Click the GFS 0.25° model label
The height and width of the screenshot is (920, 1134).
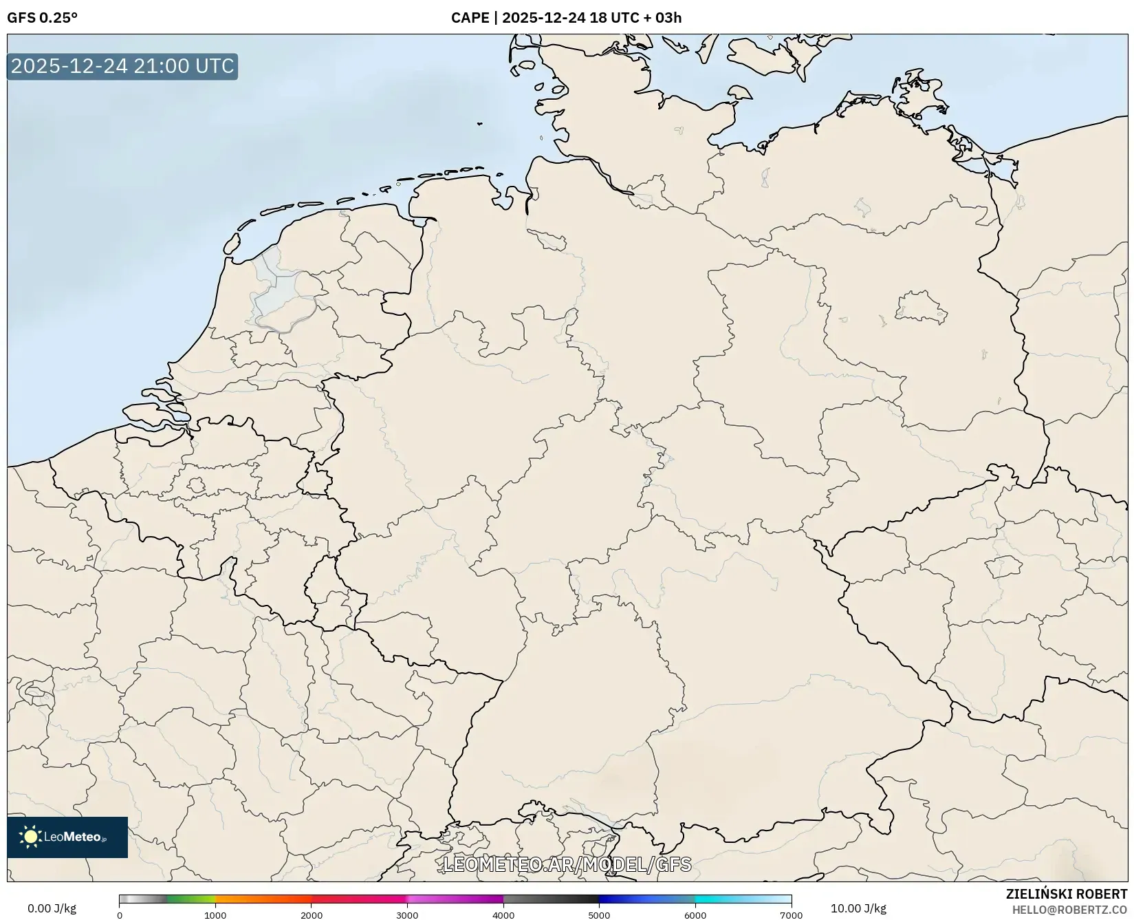(42, 18)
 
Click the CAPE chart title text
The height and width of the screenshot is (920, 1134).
(566, 18)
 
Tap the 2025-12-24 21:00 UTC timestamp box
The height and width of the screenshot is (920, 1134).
(122, 66)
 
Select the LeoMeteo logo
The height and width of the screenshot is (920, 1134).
(67, 837)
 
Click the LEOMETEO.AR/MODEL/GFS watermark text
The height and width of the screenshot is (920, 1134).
(567, 864)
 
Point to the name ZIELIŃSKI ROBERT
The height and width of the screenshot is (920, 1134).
(1067, 895)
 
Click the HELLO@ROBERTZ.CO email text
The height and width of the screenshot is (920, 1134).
(1069, 910)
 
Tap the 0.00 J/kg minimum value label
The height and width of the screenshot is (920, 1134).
(52, 908)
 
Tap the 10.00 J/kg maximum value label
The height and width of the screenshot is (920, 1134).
(858, 908)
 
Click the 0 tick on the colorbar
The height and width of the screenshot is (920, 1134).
(120, 915)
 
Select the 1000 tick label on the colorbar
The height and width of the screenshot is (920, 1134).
(215, 915)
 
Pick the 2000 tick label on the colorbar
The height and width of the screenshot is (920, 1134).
(312, 915)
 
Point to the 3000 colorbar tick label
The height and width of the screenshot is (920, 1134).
(407, 915)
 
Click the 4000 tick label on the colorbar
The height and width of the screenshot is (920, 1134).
(503, 915)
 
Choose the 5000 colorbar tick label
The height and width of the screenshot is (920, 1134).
(599, 915)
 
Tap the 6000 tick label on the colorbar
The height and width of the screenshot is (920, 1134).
(695, 915)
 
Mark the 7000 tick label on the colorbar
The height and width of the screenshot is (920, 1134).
(791, 915)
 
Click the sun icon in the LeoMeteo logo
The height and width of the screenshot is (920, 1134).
(30, 837)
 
